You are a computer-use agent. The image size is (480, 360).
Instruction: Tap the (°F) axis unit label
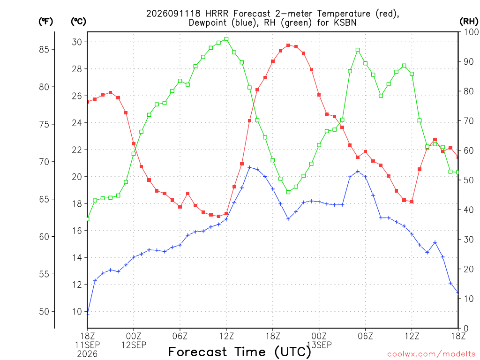tap(45, 22)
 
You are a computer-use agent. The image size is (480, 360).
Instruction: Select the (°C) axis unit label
tap(78, 22)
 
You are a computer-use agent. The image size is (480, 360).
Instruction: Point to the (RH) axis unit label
tap(469, 22)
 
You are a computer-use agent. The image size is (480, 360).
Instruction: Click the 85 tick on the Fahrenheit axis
tap(44, 49)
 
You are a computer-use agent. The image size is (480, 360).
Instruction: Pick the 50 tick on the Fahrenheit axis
tap(44, 312)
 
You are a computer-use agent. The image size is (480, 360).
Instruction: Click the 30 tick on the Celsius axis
tap(77, 42)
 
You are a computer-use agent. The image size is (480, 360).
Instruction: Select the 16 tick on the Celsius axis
tap(77, 231)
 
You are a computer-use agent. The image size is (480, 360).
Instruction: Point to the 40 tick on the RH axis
tap(469, 210)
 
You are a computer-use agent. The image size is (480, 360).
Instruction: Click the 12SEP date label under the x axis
tap(134, 345)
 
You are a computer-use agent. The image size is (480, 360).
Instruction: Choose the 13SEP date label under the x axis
tap(319, 345)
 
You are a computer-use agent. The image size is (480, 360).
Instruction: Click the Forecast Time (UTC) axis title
tap(240, 352)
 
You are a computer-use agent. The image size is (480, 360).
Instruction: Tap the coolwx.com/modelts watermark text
tap(431, 354)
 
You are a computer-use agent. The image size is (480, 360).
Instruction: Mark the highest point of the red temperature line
tap(288, 45)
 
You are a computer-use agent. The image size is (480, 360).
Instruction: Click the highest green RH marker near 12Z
tap(226, 39)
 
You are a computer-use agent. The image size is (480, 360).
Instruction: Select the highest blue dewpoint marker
tap(249, 167)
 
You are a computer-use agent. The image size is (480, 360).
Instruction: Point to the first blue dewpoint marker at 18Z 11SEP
tap(88, 314)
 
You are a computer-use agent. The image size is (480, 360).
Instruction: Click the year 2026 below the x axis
tap(87, 354)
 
